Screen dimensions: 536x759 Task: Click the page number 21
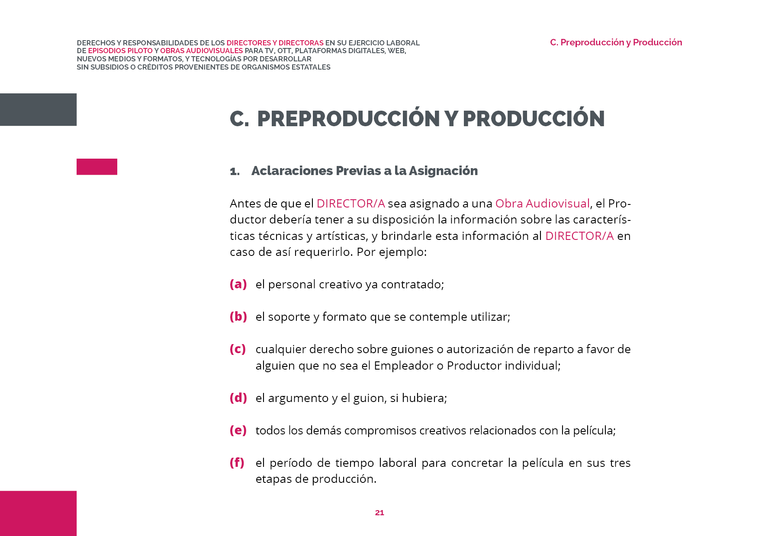pyautogui.click(x=379, y=513)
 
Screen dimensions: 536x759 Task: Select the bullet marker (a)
pyautogui.click(x=238, y=284)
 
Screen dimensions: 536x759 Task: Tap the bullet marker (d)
pyautogui.click(x=238, y=398)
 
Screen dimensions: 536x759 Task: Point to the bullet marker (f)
pyautogui.click(x=237, y=463)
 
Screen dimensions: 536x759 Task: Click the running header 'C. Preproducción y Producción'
pyautogui.click(x=616, y=42)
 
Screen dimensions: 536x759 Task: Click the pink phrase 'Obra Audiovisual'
pyautogui.click(x=542, y=203)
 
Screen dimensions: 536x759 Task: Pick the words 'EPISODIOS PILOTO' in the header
pyautogui.click(x=120, y=51)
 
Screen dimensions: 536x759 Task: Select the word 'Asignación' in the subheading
pyautogui.click(x=443, y=171)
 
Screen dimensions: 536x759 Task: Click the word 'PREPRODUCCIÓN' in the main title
pyautogui.click(x=348, y=118)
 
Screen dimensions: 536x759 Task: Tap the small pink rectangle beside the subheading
pyautogui.click(x=97, y=167)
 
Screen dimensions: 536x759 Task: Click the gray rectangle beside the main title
pyautogui.click(x=38, y=109)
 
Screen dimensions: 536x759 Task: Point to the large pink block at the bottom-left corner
pyautogui.click(x=38, y=513)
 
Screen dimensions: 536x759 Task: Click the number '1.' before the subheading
pyautogui.click(x=235, y=172)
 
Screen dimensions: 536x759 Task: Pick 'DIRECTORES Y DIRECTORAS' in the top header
pyautogui.click(x=275, y=43)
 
